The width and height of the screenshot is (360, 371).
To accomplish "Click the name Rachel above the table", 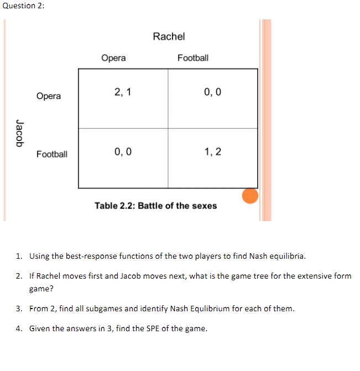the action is tap(169, 36).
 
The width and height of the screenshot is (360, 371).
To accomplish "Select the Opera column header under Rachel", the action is tap(113, 58).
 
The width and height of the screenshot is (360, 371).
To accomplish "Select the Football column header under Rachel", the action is tap(193, 58).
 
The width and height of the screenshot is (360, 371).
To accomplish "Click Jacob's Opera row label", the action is tap(49, 96).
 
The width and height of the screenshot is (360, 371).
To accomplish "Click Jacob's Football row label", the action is tap(52, 154).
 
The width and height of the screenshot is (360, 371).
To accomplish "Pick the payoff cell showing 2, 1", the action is tap(122, 92).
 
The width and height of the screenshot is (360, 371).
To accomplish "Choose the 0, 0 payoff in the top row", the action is tap(213, 92).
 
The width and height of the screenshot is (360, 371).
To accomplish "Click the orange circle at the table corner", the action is tap(250, 196).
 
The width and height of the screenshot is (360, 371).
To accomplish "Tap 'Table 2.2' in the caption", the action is tap(113, 206).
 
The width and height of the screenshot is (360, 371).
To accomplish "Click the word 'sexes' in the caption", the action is tap(205, 206).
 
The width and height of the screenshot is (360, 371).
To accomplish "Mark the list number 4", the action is tap(18, 328).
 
